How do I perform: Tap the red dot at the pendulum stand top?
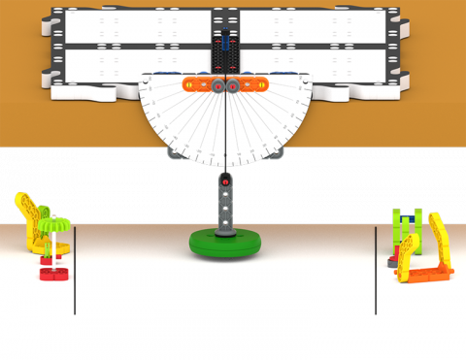coord(225,180)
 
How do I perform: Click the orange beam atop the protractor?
coord(223,85)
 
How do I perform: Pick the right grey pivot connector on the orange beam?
coord(234,85)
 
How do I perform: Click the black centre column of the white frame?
coord(225,49)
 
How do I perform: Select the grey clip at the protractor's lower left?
coord(176,152)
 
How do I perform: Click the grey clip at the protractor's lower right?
coord(276,152)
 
